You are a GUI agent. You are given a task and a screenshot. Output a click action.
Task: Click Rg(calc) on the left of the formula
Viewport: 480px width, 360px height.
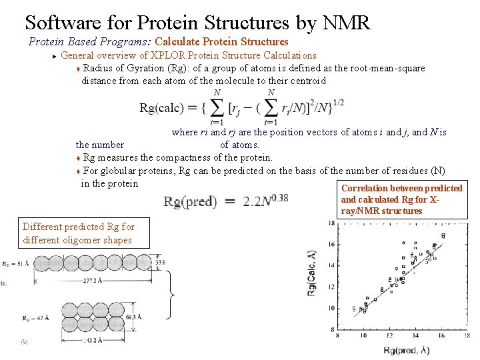coord(160,109)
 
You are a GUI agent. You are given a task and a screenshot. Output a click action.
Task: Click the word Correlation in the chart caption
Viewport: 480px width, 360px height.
coord(363,188)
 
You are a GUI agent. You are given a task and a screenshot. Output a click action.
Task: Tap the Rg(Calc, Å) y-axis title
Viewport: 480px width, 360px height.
coord(311,275)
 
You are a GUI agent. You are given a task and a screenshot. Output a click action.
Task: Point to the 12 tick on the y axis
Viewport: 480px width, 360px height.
coord(331,287)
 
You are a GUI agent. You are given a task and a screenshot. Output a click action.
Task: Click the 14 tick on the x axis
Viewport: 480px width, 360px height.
coord(415,336)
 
